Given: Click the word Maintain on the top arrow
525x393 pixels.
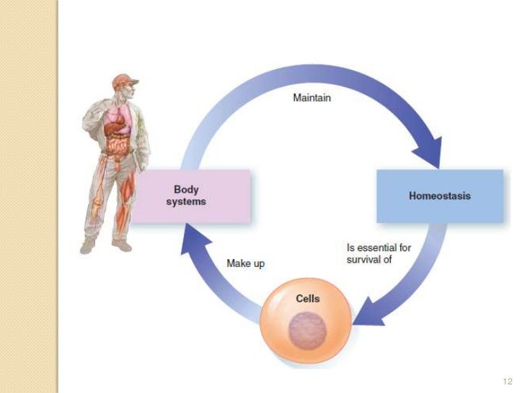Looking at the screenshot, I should point(312,98).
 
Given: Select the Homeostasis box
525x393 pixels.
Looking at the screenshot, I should point(439,196).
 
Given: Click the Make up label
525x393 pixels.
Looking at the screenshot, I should point(246,263).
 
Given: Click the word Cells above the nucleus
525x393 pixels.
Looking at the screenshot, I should point(308,299).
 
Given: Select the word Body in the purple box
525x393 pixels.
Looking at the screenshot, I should point(186,190).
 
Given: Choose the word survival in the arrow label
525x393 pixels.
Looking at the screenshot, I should point(364,260).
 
